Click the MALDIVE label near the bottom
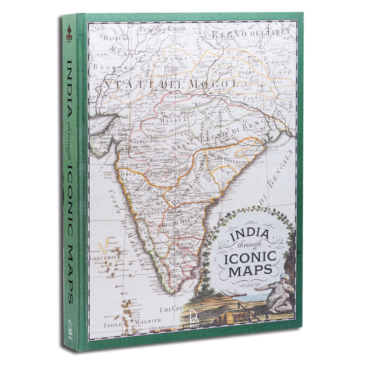[147, 320]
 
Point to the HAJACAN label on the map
[116, 37]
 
